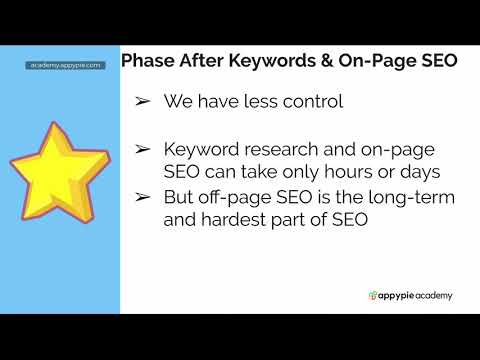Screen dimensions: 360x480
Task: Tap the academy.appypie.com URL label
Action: tap(65, 65)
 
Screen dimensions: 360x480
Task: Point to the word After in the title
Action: tap(204, 61)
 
